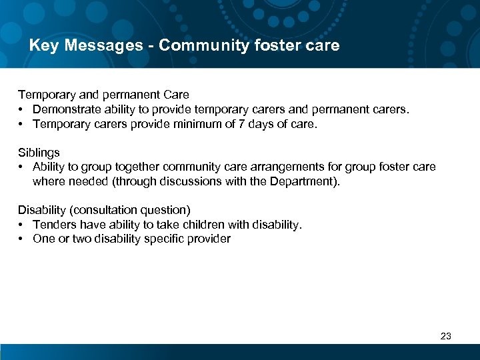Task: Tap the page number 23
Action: coord(446,336)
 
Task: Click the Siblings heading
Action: coord(39,153)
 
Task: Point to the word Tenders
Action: coord(55,225)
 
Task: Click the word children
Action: coord(200,225)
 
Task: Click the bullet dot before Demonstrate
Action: coord(22,109)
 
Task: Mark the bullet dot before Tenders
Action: coord(22,225)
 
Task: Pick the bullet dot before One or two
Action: coord(22,239)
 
